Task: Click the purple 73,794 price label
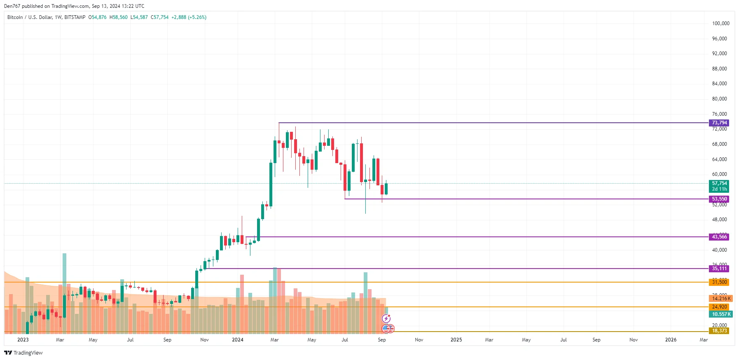click(719, 123)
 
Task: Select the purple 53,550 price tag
click(719, 199)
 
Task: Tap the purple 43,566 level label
click(719, 237)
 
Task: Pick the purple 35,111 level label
click(719, 269)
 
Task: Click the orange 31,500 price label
click(719, 282)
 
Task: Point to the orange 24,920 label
click(719, 307)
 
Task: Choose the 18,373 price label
click(719, 331)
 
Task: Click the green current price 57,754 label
click(719, 184)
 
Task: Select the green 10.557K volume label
click(720, 314)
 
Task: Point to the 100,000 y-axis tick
click(720, 23)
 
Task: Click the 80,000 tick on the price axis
click(719, 99)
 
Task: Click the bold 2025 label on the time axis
click(456, 340)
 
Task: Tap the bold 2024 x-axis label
click(237, 340)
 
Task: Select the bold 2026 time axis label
click(671, 340)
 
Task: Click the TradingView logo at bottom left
click(23, 353)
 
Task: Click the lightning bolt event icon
click(386, 318)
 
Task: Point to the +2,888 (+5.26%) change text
click(189, 17)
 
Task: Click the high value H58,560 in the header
click(119, 17)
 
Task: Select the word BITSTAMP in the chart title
click(75, 17)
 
